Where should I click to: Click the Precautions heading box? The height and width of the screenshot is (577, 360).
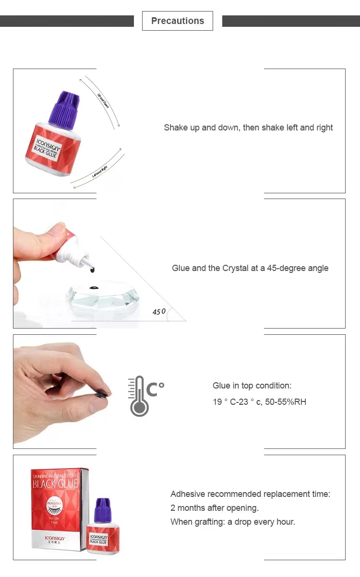(177, 21)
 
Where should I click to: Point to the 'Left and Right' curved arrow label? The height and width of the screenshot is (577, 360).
(100, 171)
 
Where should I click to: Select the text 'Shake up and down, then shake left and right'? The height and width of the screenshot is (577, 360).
(248, 128)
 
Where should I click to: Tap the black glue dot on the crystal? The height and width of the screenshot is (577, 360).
(94, 288)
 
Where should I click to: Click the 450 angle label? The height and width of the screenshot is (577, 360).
(159, 312)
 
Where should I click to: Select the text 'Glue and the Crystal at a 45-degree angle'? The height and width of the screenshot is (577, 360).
(250, 268)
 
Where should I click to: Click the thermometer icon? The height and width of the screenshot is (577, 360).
(140, 396)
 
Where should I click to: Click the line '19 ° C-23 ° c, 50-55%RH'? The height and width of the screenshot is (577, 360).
(259, 402)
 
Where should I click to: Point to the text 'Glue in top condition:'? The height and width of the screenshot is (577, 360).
(252, 386)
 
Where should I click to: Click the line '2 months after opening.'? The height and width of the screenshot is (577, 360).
(215, 508)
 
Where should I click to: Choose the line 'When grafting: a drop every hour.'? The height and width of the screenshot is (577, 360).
(233, 522)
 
